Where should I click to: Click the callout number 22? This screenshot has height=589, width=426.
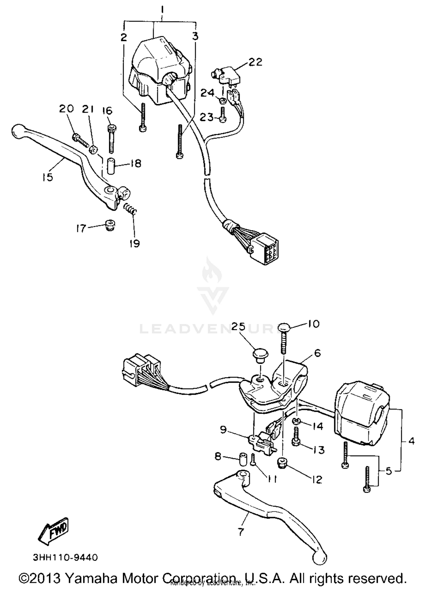255,62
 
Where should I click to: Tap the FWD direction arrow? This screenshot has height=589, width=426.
54,531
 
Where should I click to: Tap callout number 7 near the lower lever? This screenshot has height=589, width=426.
241,532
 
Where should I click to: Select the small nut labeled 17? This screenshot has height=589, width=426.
110,225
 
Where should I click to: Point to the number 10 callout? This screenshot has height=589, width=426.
313,324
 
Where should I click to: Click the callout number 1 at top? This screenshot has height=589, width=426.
162,10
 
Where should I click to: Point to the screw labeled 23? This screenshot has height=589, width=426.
223,117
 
